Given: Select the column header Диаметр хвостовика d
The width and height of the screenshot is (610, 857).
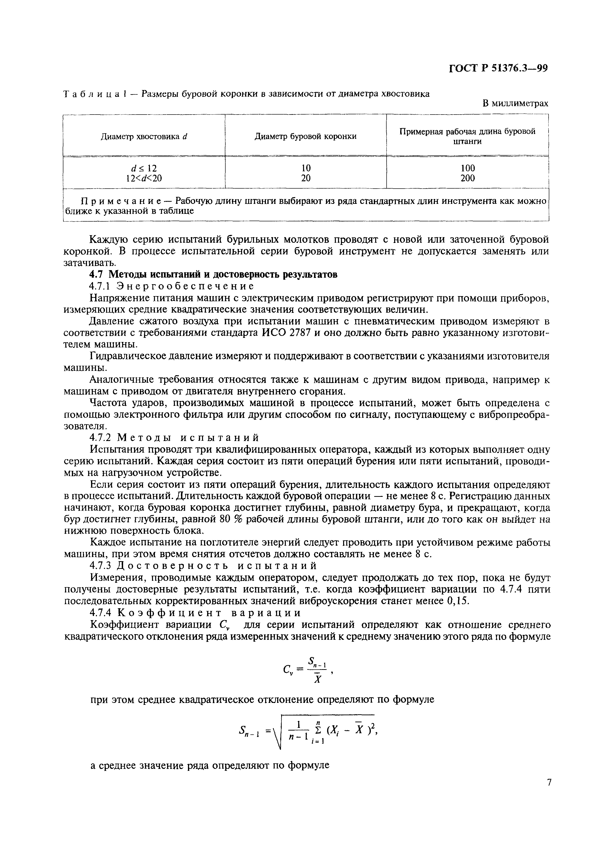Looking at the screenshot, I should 144,137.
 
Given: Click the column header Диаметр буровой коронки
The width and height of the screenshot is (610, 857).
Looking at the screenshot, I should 305,137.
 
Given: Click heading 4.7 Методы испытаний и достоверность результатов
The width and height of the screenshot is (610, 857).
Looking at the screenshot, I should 213,275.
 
